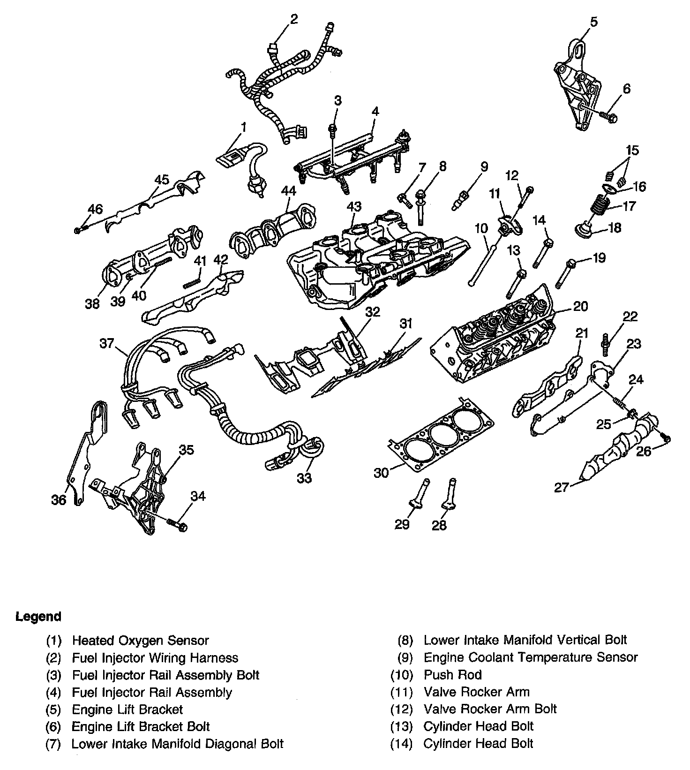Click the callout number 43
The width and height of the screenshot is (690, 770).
354,206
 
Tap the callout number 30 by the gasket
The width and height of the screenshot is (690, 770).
381,473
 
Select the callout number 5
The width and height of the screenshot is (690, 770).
593,22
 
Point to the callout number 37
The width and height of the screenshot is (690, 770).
107,343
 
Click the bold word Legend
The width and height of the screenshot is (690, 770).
38,616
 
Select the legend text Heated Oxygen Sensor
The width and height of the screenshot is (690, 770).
140,641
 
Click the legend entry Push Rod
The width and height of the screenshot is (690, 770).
452,675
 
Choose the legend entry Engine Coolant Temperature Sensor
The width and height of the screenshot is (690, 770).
530,657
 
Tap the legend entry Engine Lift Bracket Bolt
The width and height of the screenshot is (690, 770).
140,727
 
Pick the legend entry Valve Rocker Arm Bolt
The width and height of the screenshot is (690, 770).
490,709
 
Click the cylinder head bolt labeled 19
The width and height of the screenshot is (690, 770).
564,273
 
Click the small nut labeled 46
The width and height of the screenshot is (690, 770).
78,230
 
